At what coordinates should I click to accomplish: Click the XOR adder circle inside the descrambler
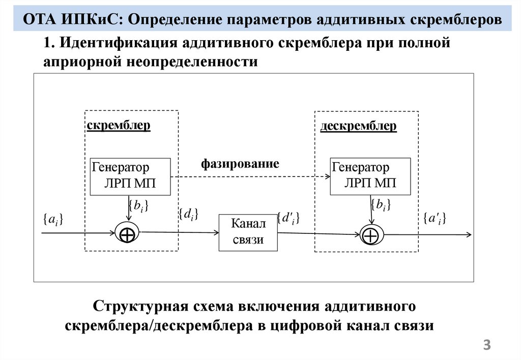[x=371, y=235]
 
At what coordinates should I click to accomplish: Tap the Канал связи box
[x=248, y=232]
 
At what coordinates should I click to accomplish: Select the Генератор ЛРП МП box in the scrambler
[x=130, y=176]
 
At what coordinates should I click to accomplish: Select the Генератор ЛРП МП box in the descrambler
[x=370, y=176]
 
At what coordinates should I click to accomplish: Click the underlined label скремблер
[x=119, y=125]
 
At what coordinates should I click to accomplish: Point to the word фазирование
[x=240, y=164]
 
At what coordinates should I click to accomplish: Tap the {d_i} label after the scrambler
[x=188, y=215]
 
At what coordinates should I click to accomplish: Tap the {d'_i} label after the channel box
[x=288, y=218]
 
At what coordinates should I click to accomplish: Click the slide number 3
[x=487, y=346]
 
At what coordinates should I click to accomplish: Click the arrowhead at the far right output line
[x=468, y=235]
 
